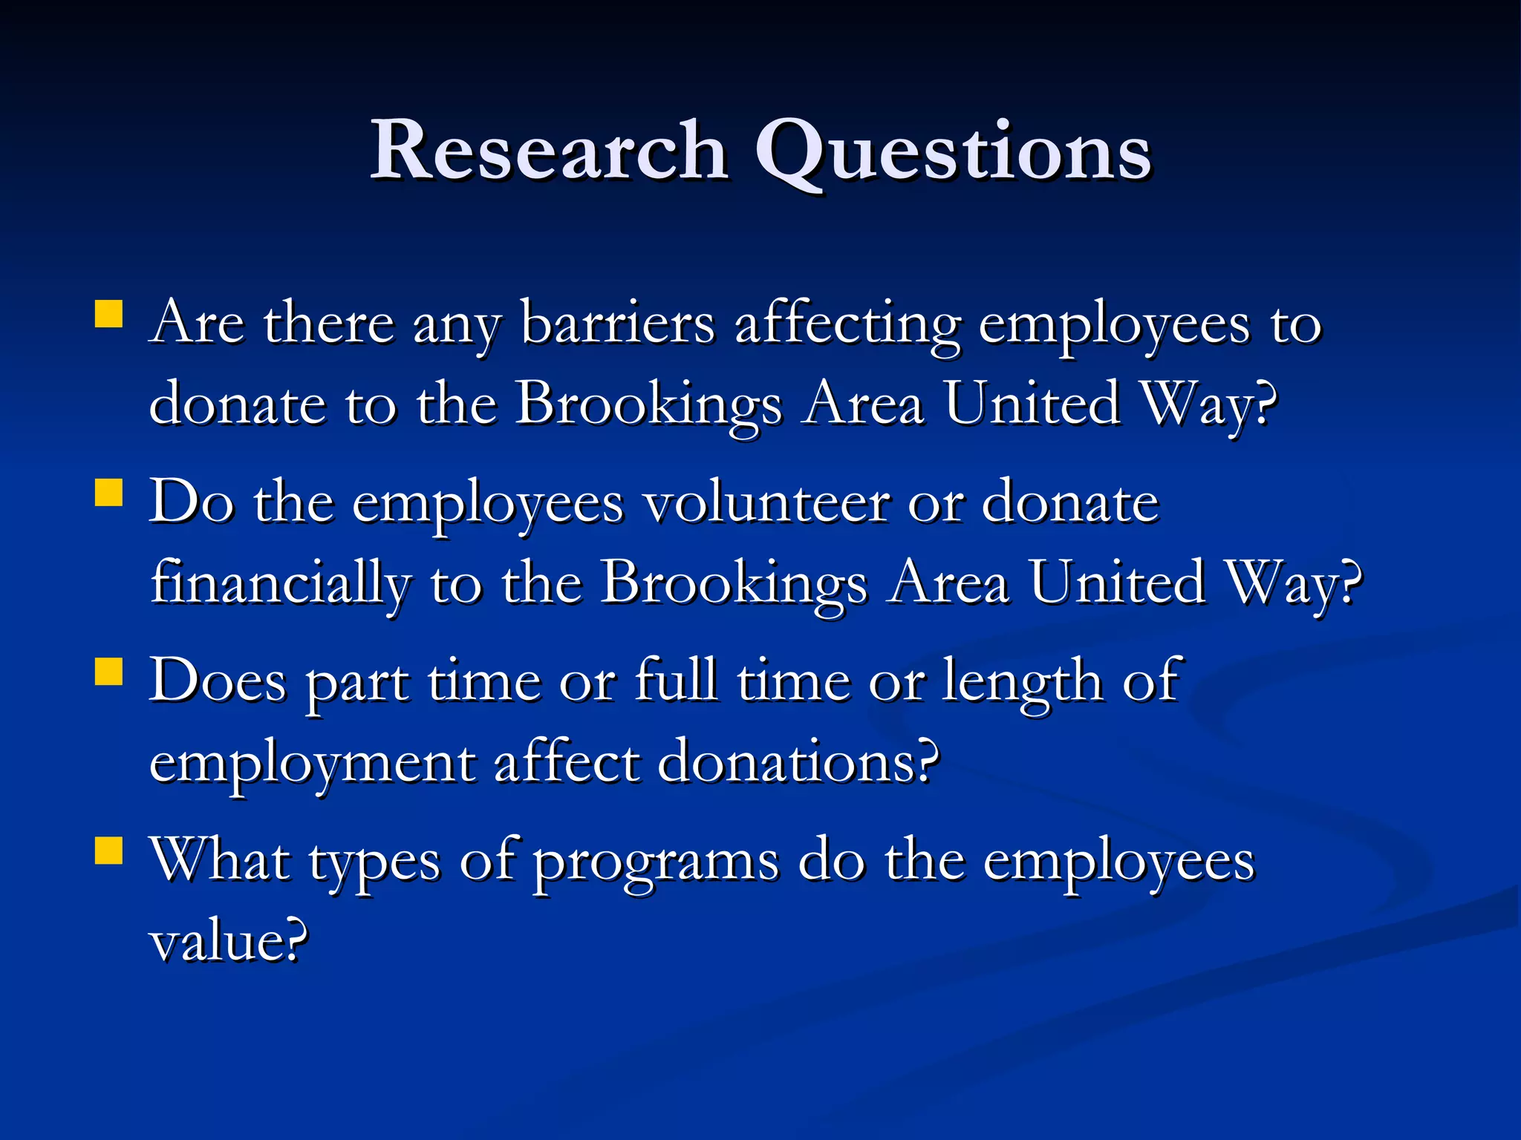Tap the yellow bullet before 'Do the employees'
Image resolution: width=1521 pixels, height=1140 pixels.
click(108, 492)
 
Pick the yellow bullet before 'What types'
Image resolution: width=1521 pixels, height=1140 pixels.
click(108, 851)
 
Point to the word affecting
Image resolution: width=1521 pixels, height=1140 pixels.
click(847, 327)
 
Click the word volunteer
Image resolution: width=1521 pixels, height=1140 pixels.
click(766, 503)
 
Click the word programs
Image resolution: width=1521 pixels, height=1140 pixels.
click(656, 863)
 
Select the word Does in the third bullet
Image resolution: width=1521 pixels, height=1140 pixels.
click(217, 681)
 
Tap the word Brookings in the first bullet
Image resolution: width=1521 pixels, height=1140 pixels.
click(648, 405)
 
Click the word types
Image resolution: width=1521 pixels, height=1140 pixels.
click(374, 863)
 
